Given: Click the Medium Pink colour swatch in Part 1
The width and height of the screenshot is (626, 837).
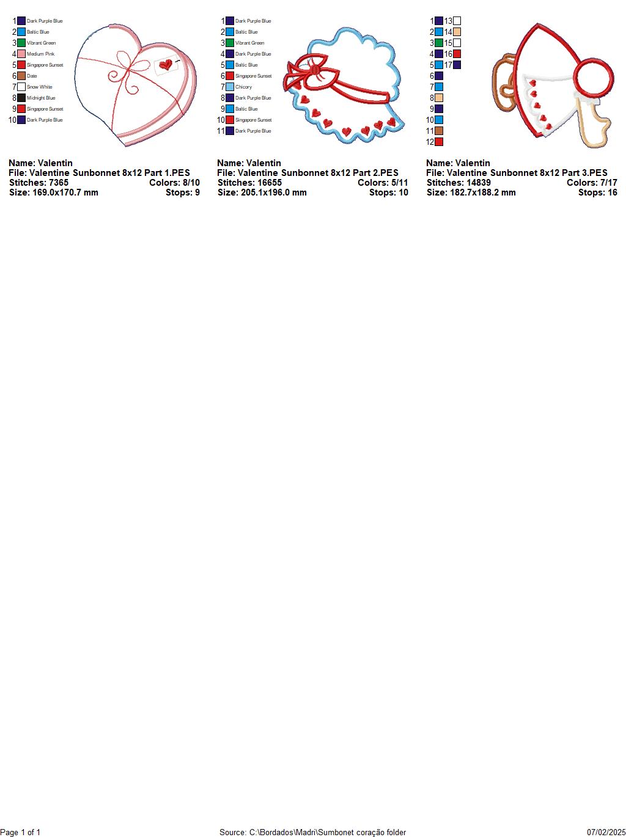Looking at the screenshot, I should [21, 54].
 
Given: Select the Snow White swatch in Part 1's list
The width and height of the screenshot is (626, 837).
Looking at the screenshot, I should [21, 87].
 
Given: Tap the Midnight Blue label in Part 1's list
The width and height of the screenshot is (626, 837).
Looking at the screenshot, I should [41, 98].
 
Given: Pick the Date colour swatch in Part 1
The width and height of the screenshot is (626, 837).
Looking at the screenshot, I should [21, 76].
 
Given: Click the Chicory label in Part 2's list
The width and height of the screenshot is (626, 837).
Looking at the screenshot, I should [243, 87].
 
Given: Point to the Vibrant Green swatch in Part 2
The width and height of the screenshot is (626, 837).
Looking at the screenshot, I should [230, 43].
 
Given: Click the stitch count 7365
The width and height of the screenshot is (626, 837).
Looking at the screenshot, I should [59, 183].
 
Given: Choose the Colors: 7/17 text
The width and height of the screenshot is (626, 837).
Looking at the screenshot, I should [592, 183].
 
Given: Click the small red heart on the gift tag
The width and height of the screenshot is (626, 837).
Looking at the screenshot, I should [166, 64].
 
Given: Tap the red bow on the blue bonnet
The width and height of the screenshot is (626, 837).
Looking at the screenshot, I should [315, 71].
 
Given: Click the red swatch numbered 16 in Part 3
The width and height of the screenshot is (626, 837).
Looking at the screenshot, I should [457, 54].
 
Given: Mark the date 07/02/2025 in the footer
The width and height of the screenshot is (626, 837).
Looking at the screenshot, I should [606, 832].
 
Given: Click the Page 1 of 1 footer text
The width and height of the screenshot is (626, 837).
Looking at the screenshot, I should [21, 832].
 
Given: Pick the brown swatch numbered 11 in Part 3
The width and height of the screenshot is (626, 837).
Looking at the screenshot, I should [439, 131].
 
